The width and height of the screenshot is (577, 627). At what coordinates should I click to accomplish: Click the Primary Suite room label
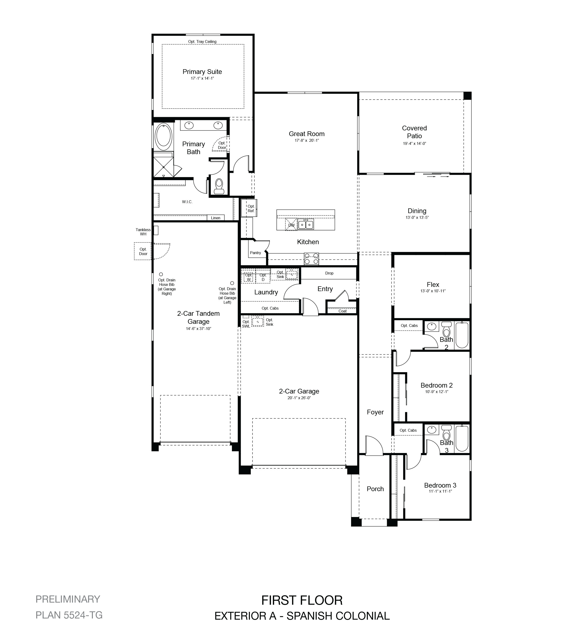click(202, 72)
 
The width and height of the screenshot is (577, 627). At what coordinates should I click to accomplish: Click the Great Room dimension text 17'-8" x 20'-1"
click(307, 141)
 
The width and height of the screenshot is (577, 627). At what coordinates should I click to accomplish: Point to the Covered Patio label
click(414, 132)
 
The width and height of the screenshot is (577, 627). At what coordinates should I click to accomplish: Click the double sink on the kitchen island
click(306, 224)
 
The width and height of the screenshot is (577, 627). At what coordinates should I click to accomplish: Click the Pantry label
click(255, 253)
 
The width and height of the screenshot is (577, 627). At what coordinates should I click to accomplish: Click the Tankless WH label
click(143, 232)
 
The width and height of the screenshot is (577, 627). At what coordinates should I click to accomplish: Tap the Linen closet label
click(216, 218)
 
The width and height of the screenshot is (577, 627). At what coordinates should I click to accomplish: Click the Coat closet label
click(343, 311)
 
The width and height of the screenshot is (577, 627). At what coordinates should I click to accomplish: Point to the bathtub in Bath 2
click(462, 335)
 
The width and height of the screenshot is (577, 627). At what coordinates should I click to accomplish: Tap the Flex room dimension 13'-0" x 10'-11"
click(433, 291)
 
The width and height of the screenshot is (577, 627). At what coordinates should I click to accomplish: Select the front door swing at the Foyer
click(374, 445)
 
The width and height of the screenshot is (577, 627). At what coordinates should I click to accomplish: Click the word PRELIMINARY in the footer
click(68, 599)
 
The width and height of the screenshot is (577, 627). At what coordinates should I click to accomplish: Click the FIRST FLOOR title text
click(302, 600)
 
